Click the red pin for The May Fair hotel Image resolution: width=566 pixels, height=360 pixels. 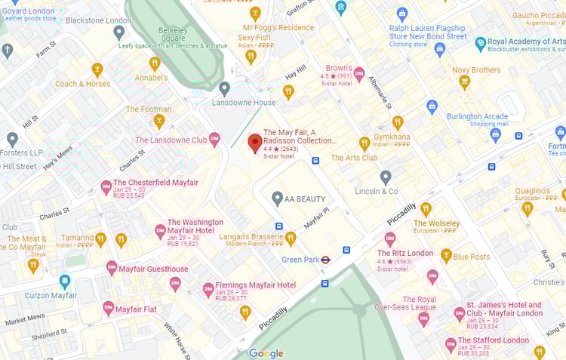tap(255, 142)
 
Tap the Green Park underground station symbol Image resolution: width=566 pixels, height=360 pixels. tap(325, 260)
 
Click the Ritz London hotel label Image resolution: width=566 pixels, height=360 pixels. tap(405, 254)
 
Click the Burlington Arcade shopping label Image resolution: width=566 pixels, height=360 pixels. tap(477, 117)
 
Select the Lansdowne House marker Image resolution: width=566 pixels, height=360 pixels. tap(224, 88)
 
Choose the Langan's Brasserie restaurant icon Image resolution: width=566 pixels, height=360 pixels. tap(291, 238)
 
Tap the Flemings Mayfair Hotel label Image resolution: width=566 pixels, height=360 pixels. tap(255, 285)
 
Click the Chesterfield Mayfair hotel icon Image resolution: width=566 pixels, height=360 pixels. tap(106, 186)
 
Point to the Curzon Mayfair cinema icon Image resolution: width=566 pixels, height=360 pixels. tap(66, 282)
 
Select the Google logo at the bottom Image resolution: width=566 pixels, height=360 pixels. tap(266, 353)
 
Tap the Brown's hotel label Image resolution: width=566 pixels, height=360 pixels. tap(338, 69)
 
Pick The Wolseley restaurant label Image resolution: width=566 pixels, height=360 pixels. tap(436, 223)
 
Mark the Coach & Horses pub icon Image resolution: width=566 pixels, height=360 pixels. tap(97, 69)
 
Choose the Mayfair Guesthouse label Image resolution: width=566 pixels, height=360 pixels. tap(153, 269)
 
